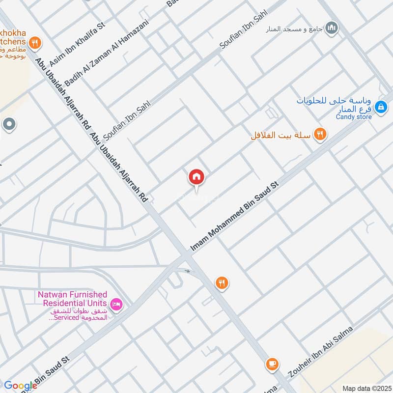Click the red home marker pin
pos(196,177)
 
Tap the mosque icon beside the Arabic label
pos(332,28)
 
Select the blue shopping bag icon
pos(380,106)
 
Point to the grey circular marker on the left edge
pos(8,125)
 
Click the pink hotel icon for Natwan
pos(116,305)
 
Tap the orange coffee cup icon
pos(271,364)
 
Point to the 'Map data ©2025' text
pos(366,388)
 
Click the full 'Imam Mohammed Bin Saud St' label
pos(235,217)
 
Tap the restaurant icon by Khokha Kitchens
pos(34,43)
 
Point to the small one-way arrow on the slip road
pos(187,271)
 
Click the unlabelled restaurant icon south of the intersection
pos(222,282)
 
